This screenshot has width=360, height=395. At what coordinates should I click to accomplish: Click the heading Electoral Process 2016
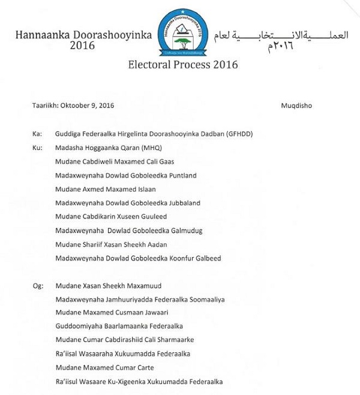[x=183, y=65]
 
